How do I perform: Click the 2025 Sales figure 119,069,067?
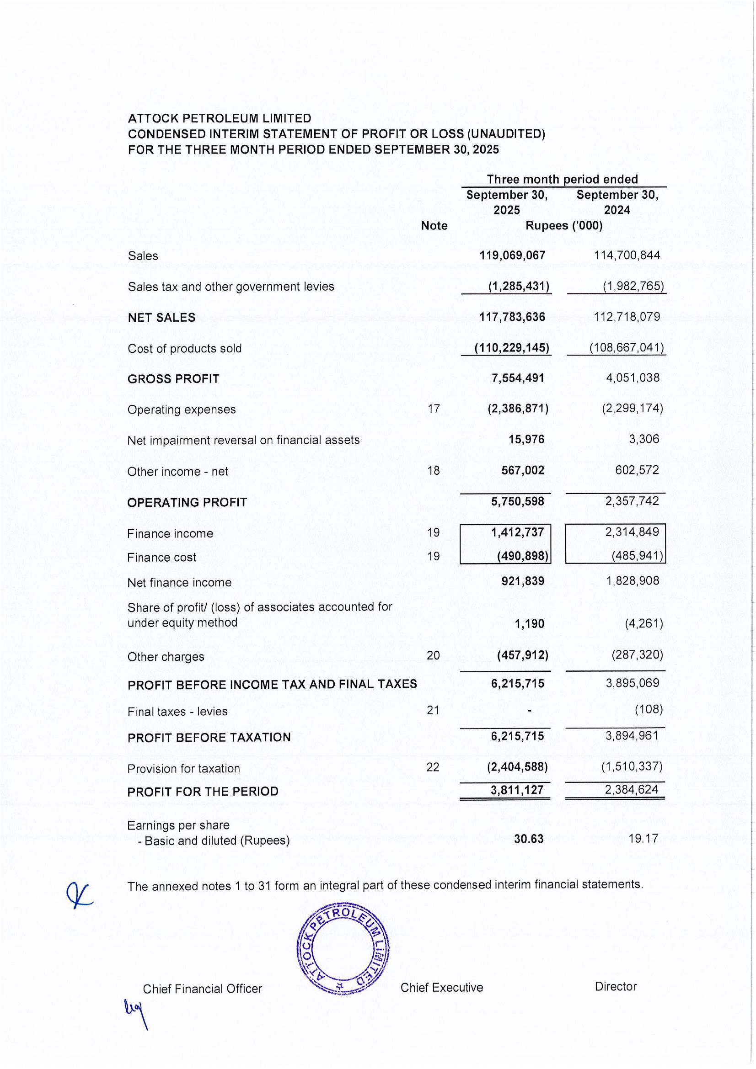512,255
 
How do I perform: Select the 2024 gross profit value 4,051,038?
632,378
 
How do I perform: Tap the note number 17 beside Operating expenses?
434,409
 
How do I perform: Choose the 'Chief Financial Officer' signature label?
202,989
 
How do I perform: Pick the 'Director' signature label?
615,987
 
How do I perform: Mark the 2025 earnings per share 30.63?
528,839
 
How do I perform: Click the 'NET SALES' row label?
161,318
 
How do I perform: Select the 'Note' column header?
434,226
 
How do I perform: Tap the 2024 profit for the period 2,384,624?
632,790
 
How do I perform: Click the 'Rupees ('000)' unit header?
563,226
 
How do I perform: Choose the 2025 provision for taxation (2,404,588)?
517,766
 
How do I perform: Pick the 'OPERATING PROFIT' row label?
187,502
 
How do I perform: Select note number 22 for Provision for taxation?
433,767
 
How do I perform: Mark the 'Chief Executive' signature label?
442,988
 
